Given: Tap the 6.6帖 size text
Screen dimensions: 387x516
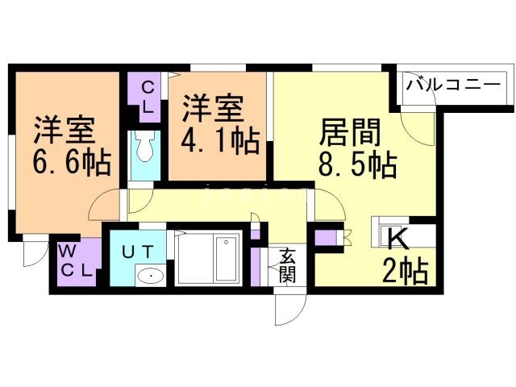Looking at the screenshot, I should click(72, 164).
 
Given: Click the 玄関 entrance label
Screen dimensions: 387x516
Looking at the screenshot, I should click(287, 265).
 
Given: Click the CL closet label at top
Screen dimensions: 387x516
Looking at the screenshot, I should click(148, 96).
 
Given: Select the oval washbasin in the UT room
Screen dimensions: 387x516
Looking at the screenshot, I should click(149, 277).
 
